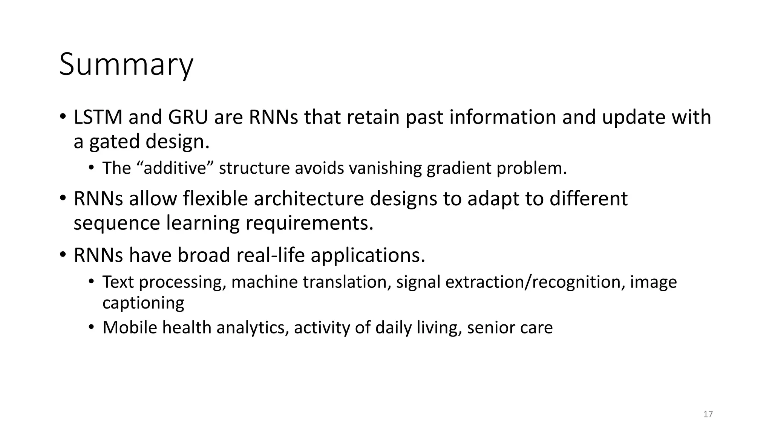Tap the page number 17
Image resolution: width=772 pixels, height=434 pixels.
click(708, 414)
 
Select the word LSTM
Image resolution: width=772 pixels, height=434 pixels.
click(98, 117)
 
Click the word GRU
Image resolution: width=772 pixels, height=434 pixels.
click(188, 117)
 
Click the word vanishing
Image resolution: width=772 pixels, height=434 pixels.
click(385, 168)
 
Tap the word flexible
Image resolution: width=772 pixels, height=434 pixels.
click(215, 199)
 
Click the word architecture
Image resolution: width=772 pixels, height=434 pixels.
click(309, 199)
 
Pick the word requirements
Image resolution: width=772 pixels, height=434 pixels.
click(309, 223)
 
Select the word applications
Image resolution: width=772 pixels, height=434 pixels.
click(368, 255)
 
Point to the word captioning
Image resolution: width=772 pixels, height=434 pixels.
click(143, 303)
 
